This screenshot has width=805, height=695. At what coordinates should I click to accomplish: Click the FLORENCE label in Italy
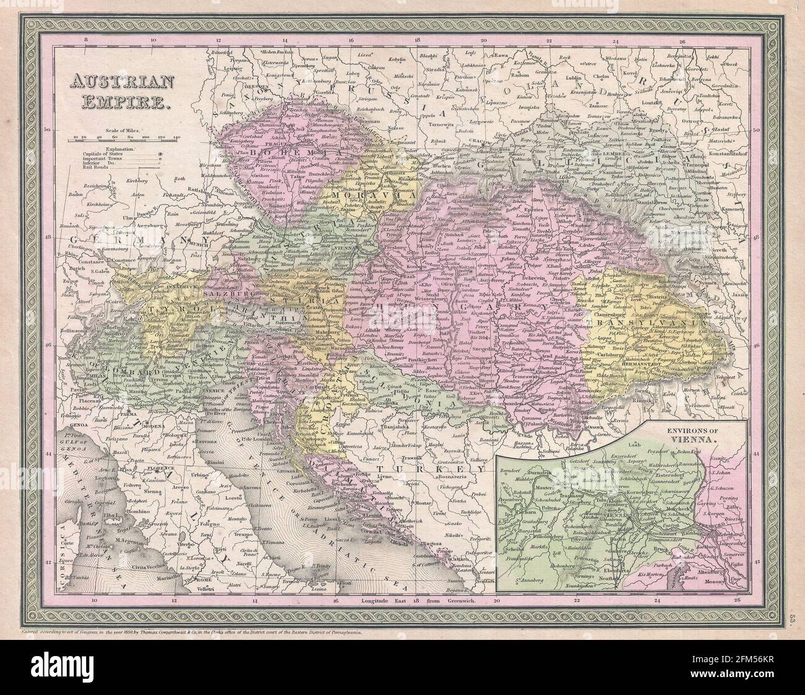click(x=160, y=470)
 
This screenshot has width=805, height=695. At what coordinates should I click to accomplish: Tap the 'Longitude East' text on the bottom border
click(x=384, y=601)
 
